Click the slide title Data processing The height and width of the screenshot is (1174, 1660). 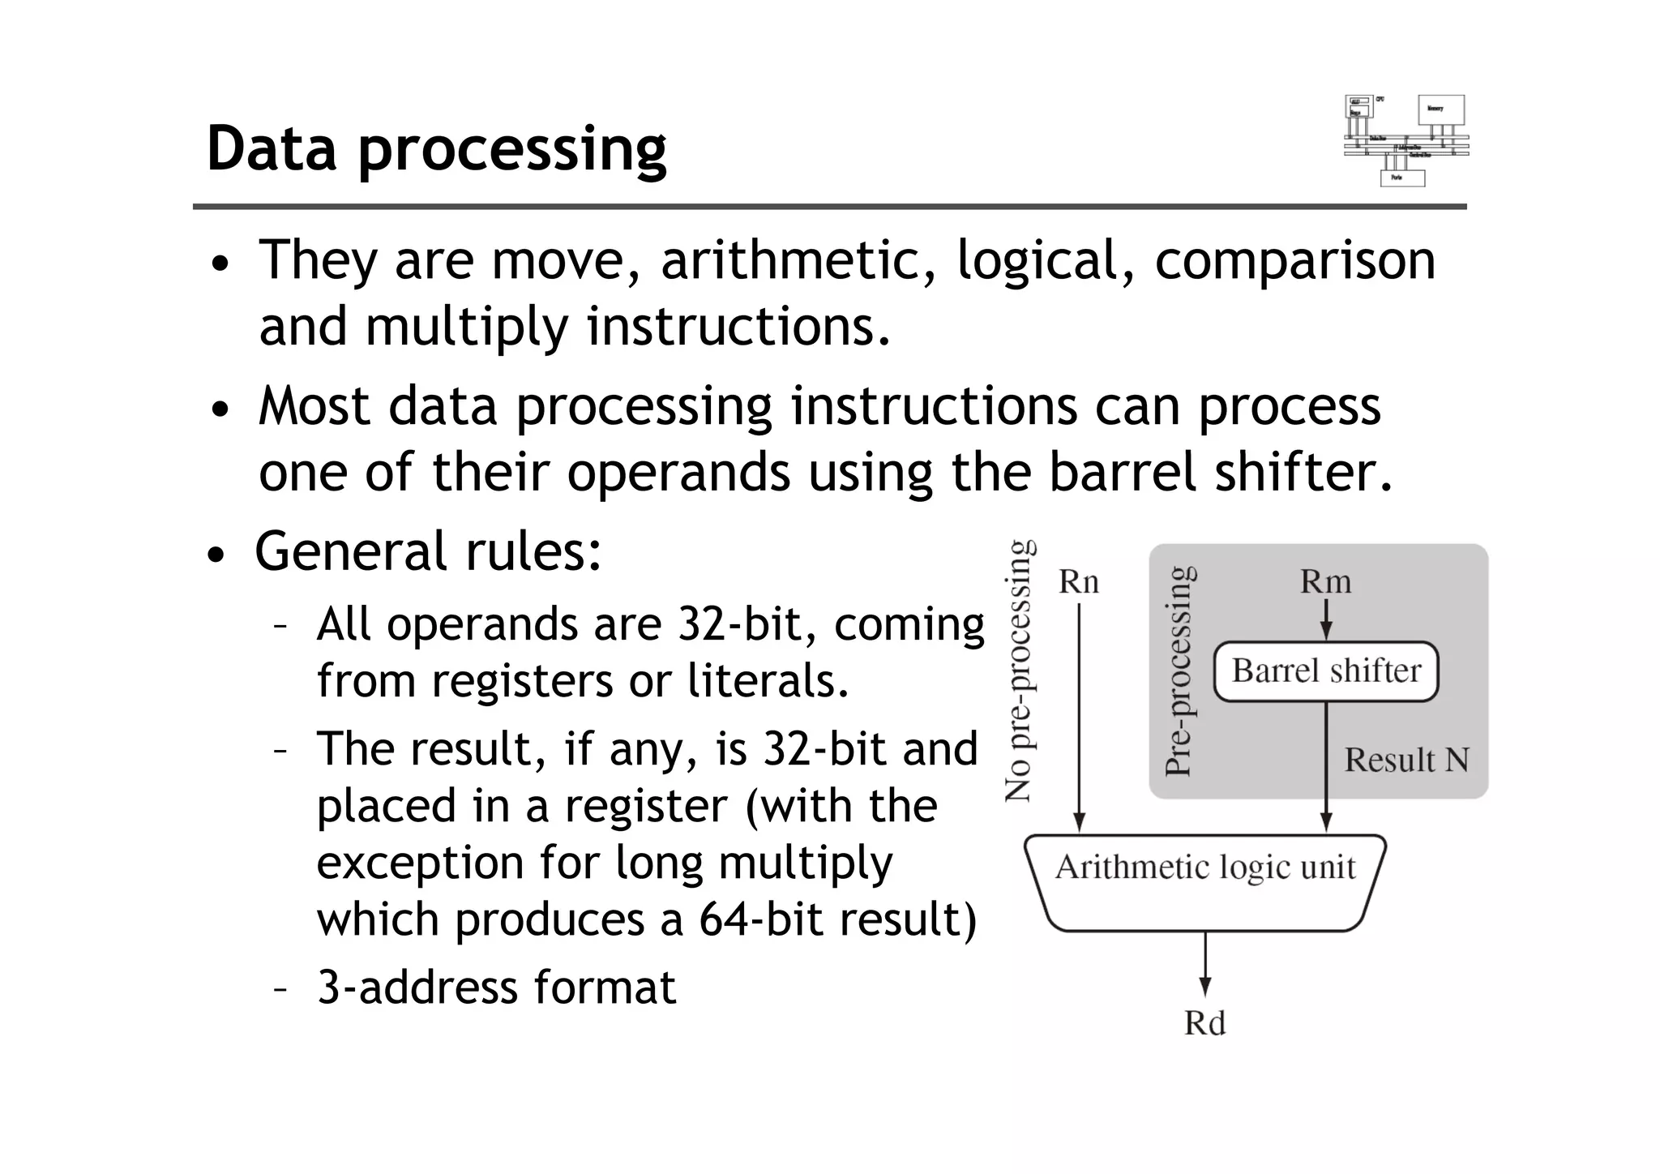(436, 149)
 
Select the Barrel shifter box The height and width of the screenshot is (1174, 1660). (1325, 671)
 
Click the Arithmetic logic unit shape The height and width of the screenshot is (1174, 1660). (1204, 882)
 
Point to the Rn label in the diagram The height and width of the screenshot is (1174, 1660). (1078, 582)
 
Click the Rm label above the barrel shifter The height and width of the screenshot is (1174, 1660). (1325, 581)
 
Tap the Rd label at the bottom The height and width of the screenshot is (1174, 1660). (1204, 1023)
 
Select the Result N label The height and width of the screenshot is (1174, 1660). (1406, 761)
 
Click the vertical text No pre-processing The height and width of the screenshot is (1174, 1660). (1018, 671)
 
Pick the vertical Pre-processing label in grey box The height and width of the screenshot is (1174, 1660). (1179, 671)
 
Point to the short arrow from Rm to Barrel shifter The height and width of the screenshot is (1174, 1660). (1326, 621)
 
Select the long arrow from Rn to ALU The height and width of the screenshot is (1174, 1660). (1079, 713)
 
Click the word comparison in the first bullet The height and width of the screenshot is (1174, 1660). (1294, 261)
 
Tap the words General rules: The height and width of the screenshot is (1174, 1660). (428, 551)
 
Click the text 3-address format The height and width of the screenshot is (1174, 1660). (496, 988)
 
